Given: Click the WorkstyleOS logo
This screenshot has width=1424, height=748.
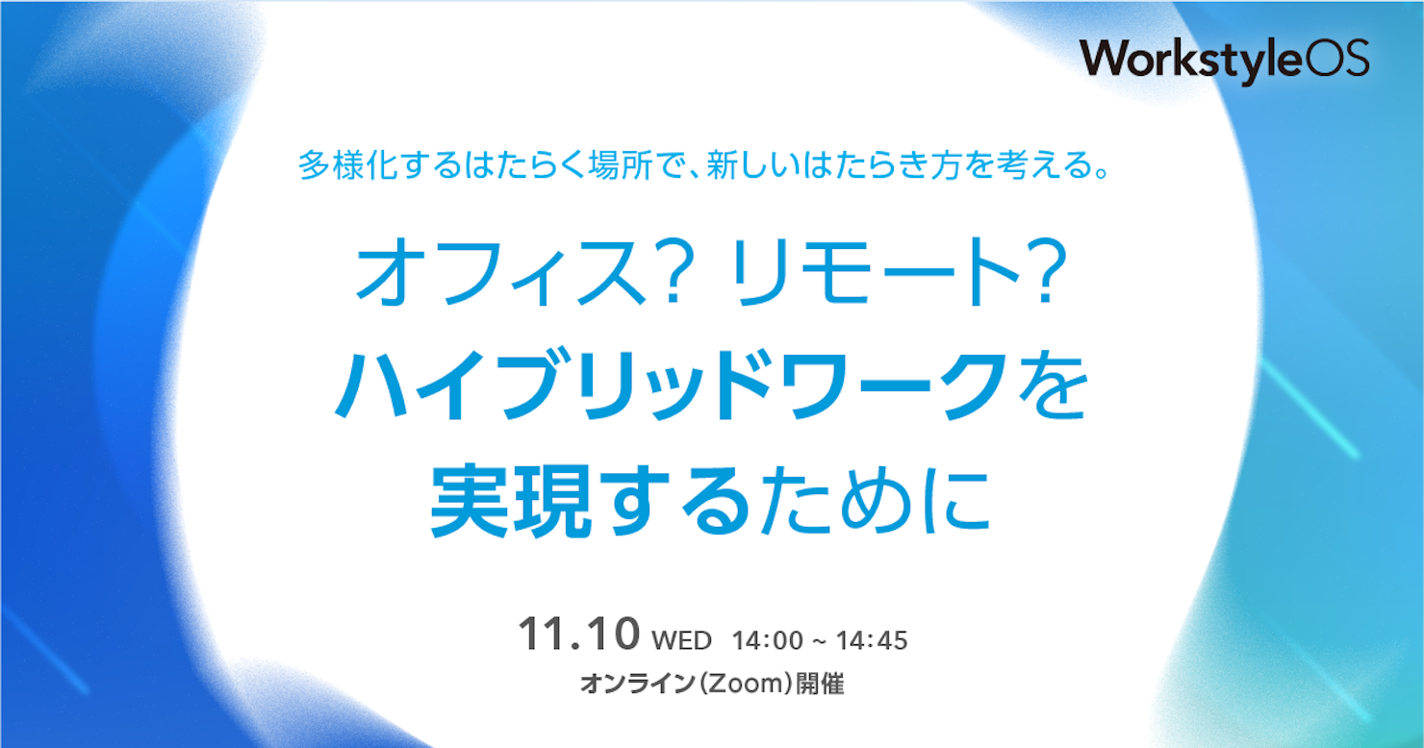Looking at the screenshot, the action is tap(1225, 62).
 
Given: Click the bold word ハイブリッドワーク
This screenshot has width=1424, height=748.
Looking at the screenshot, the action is tap(673, 386).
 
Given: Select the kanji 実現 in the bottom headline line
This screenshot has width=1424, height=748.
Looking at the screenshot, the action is tap(511, 502).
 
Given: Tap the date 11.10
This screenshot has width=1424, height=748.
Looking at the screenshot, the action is tap(579, 634).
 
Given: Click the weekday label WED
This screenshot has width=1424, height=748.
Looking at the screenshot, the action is tap(681, 640).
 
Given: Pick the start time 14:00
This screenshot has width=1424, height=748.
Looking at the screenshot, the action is tap(768, 640).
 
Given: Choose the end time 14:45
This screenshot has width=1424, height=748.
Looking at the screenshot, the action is tap(872, 640).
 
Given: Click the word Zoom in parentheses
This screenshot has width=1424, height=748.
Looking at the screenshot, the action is tap(745, 684).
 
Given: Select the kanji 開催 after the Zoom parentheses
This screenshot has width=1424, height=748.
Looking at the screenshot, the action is tap(820, 684).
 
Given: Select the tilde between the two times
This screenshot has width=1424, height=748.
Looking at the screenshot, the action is tap(820, 640).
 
